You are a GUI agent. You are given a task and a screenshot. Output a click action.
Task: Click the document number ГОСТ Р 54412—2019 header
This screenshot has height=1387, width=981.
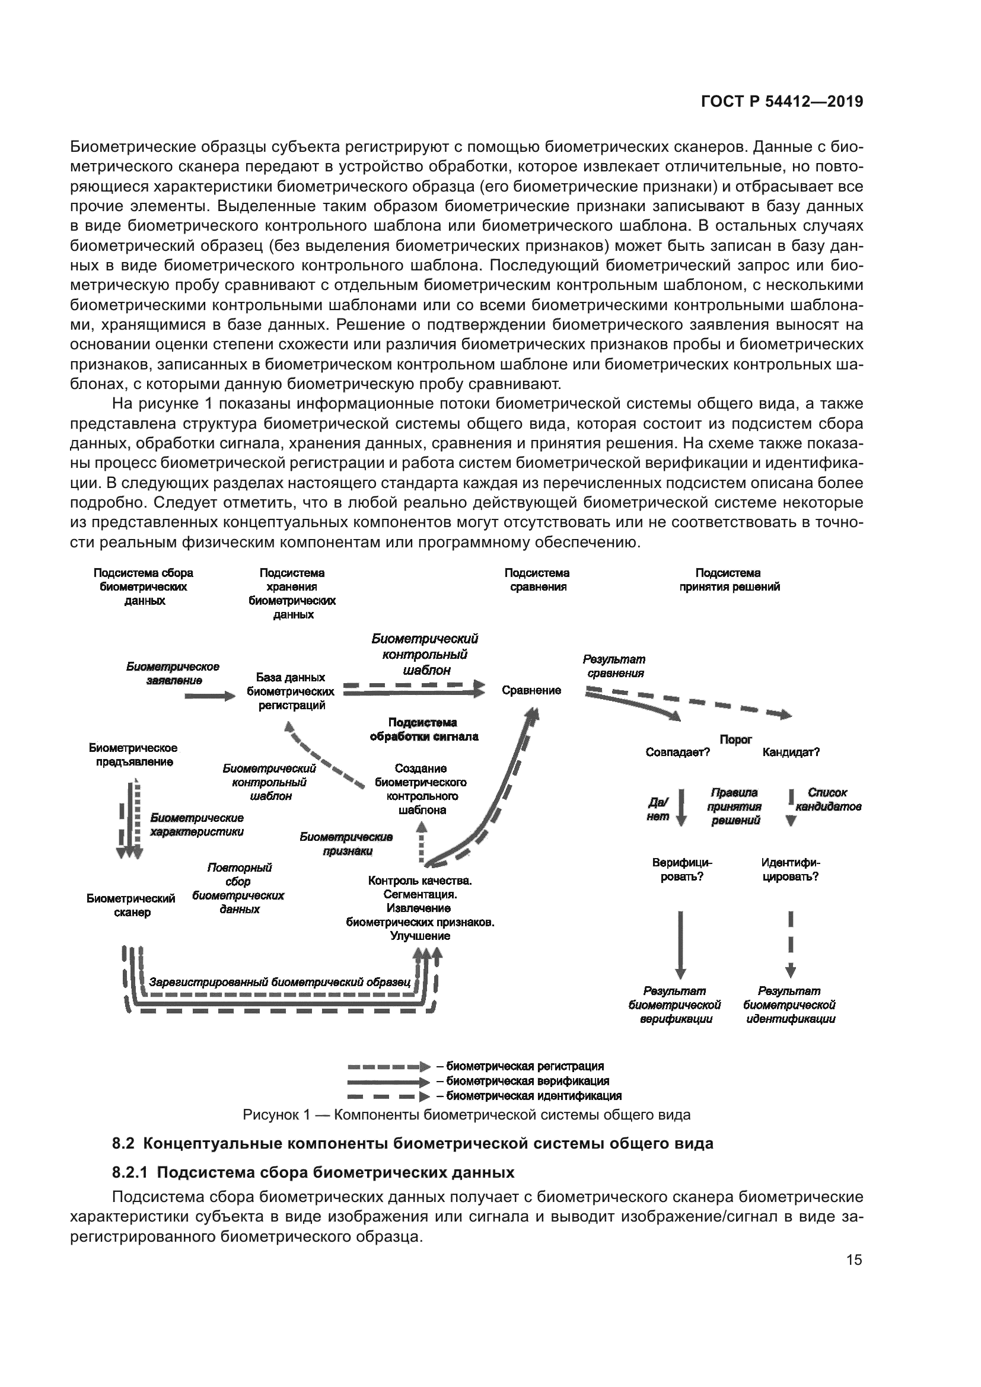[x=782, y=102]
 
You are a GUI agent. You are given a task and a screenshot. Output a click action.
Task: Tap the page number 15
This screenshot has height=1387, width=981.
[x=854, y=1260]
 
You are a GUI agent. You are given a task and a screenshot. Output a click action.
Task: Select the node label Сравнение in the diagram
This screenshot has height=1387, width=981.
[x=531, y=690]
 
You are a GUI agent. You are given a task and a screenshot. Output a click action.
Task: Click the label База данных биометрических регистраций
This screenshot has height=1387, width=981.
[x=291, y=691]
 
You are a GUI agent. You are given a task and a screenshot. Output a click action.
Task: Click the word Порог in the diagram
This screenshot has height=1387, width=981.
[x=735, y=739]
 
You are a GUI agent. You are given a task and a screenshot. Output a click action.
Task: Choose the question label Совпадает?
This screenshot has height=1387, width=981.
[x=677, y=752]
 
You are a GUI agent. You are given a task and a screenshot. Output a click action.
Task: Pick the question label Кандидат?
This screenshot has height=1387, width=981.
[x=791, y=752]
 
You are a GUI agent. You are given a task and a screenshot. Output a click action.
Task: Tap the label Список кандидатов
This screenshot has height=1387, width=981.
[x=827, y=799]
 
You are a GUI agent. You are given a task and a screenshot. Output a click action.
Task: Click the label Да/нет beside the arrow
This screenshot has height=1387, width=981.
[x=658, y=809]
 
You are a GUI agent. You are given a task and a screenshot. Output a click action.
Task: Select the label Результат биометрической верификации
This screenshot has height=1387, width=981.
[x=675, y=1005]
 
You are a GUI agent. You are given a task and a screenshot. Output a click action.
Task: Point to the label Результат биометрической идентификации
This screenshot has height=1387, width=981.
[x=789, y=1005]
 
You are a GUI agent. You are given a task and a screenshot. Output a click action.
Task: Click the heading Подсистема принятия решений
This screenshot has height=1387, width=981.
[x=728, y=579]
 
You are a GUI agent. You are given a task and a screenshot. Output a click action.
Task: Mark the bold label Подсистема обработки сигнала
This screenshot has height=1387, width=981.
[x=423, y=729]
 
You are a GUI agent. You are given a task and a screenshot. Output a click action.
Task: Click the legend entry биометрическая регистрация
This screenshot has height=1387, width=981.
[x=520, y=1066]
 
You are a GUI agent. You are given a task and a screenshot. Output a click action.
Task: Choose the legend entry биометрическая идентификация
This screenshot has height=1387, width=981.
[x=528, y=1095]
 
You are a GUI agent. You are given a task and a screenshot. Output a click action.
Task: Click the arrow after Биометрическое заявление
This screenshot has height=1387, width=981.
[x=209, y=696]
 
